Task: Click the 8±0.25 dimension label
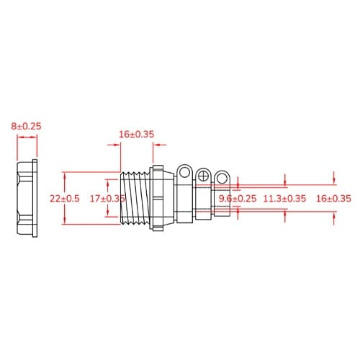point(26,126)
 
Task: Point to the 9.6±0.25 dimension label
point(237,198)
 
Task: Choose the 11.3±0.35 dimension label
point(284,198)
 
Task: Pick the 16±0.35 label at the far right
point(333,198)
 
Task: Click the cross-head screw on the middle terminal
point(204,175)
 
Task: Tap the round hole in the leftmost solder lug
point(186,173)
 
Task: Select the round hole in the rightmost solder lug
point(223,176)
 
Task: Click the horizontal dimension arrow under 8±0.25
point(26,144)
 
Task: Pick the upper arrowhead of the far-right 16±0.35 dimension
point(335,176)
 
